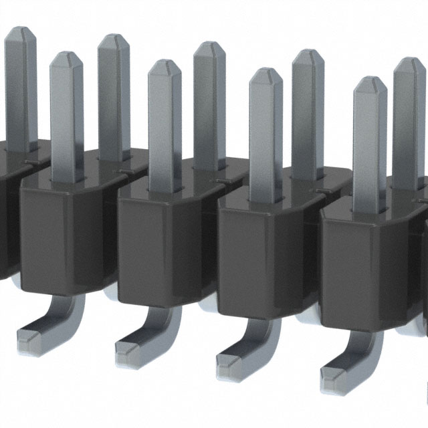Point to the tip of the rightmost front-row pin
(x=370, y=81)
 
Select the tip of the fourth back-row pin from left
(x=308, y=53)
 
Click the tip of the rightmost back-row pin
(x=409, y=62)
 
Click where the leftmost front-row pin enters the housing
(x=67, y=179)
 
